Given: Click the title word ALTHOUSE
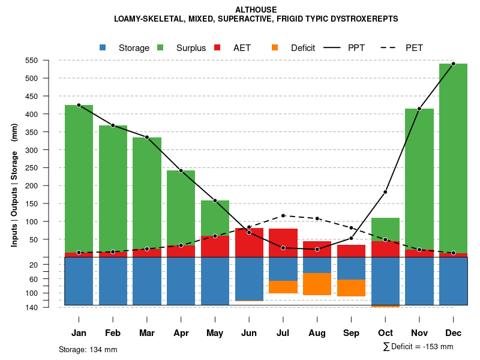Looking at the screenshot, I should pyautogui.click(x=256, y=10).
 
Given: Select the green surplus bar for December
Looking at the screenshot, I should pyautogui.click(x=453, y=156).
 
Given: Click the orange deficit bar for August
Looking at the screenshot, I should pyautogui.click(x=317, y=284).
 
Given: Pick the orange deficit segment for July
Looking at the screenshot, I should pyautogui.click(x=283, y=287).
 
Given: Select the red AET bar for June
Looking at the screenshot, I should pyautogui.click(x=249, y=242).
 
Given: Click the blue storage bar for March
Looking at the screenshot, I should pyautogui.click(x=147, y=281).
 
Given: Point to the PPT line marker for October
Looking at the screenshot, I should pyautogui.click(x=385, y=192).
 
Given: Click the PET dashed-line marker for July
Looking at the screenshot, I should pyautogui.click(x=283, y=215).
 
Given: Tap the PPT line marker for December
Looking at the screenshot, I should pyautogui.click(x=453, y=64).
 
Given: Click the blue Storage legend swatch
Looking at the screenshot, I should pyautogui.click(x=103, y=48).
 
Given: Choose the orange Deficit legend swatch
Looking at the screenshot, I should pyautogui.click(x=275, y=48).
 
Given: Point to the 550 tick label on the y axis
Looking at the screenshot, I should pyautogui.click(x=49, y=61).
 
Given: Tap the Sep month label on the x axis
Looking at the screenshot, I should pyautogui.click(x=351, y=333).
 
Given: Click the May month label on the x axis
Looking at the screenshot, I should pyautogui.click(x=215, y=333).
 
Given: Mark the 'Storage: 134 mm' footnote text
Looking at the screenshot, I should pyautogui.click(x=88, y=349).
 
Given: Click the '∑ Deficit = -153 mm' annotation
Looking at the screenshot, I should pyautogui.click(x=418, y=347).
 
